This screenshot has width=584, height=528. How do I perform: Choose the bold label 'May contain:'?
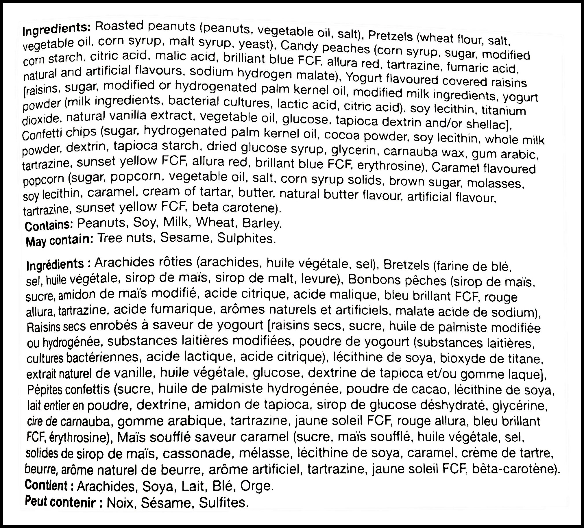(x=59, y=240)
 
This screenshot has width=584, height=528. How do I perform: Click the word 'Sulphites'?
(x=245, y=238)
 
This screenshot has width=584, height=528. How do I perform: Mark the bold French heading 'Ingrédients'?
(x=55, y=264)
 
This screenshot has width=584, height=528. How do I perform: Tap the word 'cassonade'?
(x=194, y=453)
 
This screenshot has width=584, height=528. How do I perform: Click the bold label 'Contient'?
(x=46, y=485)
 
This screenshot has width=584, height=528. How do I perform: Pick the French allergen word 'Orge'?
(x=257, y=486)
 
